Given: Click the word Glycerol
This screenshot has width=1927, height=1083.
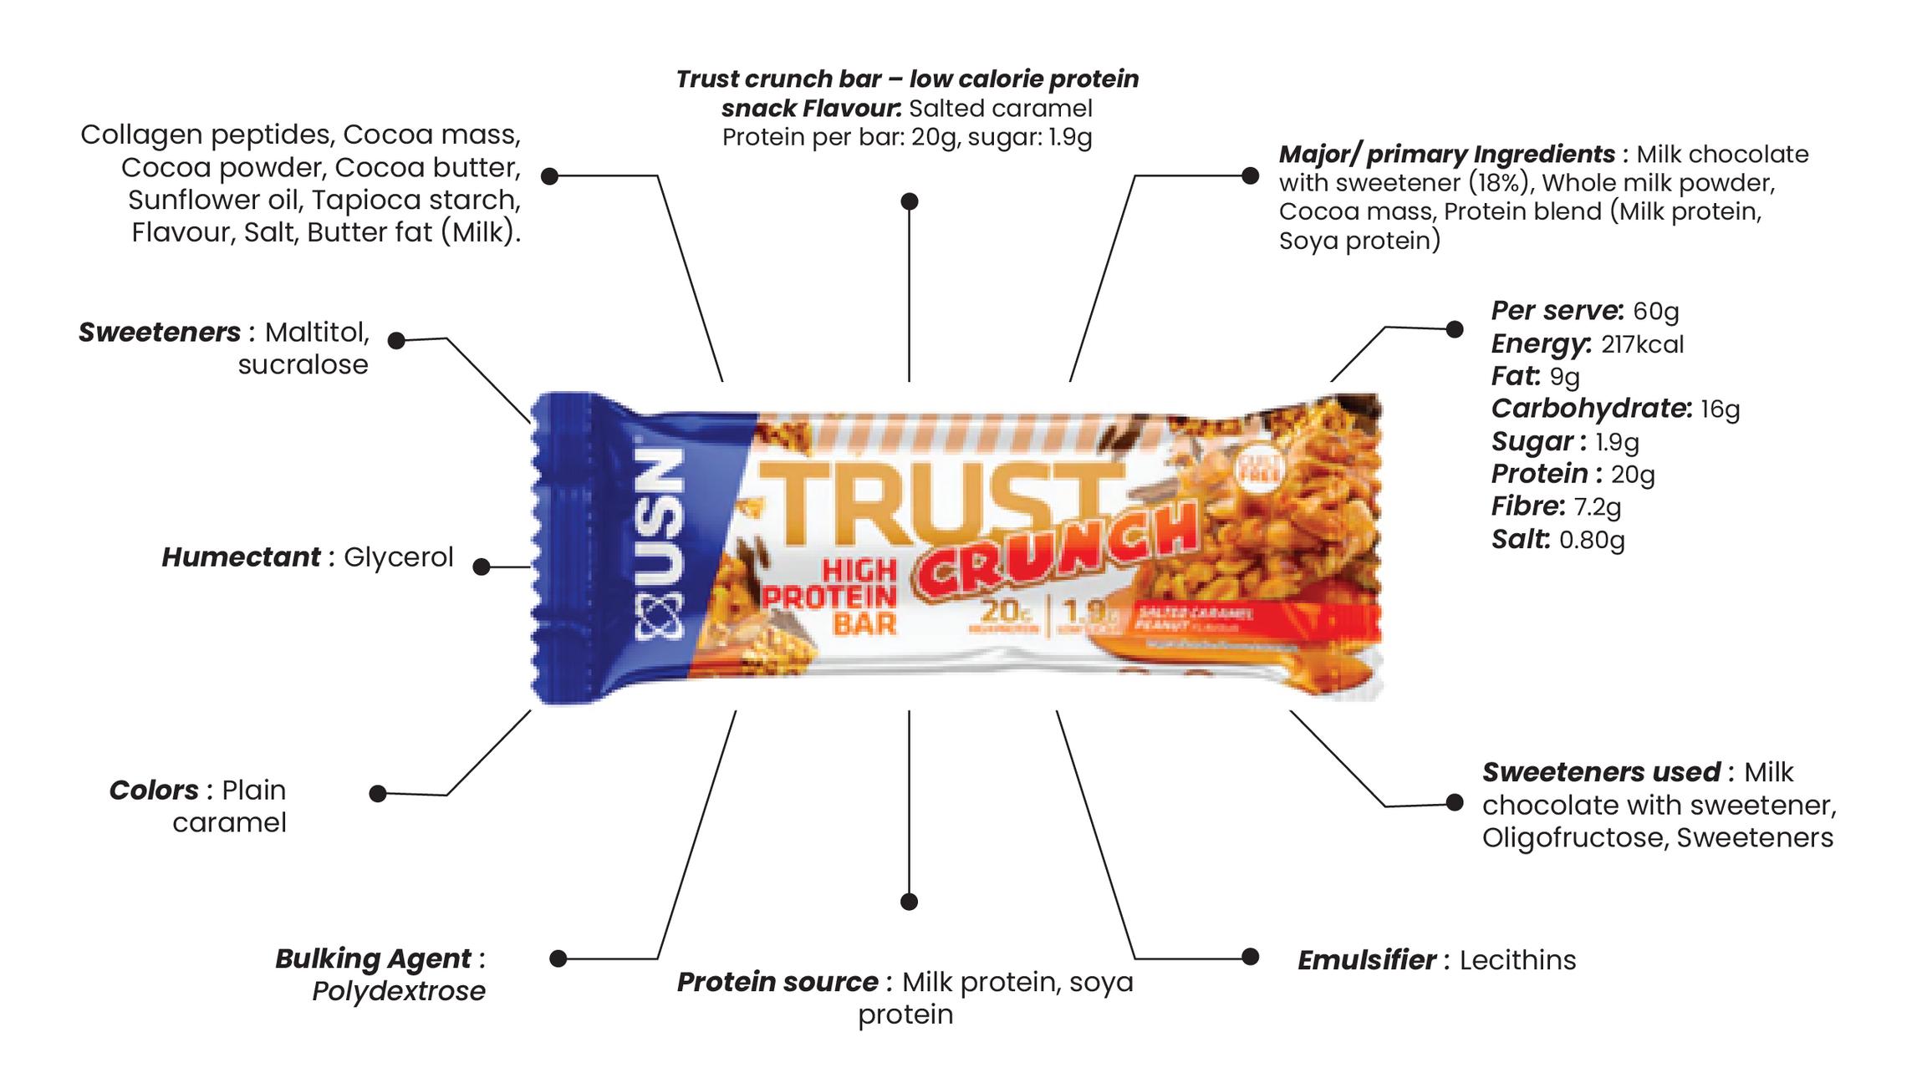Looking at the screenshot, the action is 398,557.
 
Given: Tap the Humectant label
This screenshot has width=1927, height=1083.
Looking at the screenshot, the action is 241,557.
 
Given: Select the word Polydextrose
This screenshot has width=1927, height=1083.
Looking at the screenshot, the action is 399,991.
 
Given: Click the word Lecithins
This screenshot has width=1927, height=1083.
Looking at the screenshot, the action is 1517,960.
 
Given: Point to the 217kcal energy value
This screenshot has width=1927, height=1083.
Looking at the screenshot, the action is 1642,344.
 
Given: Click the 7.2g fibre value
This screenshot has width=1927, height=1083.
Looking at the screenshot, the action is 1598,506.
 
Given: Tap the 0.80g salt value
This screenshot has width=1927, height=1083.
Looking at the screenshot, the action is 1592,539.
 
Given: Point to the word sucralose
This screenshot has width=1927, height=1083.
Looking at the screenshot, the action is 303,365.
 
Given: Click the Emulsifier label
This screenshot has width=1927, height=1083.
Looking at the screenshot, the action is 1367,960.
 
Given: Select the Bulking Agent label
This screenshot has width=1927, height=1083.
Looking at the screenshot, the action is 373,958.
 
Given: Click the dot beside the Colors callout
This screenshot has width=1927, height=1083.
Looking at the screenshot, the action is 378,793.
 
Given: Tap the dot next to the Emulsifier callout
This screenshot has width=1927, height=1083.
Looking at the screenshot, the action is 1250,957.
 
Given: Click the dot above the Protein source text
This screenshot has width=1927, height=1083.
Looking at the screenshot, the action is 910,902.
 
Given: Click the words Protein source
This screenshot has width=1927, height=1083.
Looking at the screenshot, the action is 777,982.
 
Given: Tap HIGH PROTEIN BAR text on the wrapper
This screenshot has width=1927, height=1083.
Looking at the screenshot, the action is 831,597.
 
